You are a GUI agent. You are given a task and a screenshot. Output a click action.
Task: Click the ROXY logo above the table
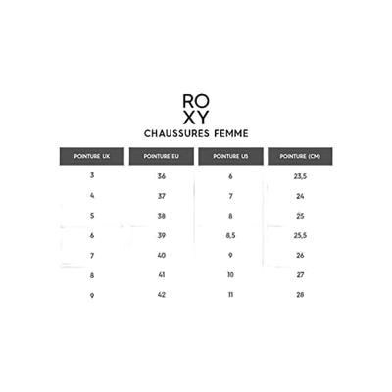(196, 110)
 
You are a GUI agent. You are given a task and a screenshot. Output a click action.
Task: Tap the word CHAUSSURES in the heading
(176, 133)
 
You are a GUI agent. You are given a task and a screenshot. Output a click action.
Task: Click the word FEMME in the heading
(231, 133)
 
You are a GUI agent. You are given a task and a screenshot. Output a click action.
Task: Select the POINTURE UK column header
(92, 156)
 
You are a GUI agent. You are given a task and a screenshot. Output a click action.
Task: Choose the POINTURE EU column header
(162, 156)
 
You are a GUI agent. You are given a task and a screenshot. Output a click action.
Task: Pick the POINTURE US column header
(230, 156)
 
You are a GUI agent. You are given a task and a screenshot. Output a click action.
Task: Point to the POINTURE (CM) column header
(300, 156)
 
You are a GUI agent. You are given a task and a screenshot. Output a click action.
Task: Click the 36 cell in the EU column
(162, 176)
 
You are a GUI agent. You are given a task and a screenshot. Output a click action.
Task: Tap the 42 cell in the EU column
(162, 295)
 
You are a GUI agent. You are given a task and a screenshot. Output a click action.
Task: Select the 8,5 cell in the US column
(230, 235)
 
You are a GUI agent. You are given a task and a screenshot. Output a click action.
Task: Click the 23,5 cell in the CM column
(300, 176)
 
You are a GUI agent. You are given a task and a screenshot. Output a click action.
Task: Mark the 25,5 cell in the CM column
(300, 235)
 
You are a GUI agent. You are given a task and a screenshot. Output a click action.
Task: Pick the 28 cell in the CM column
(300, 295)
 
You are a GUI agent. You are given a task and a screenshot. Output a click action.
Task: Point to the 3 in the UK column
(92, 175)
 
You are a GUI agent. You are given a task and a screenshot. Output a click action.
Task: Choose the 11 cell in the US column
(230, 295)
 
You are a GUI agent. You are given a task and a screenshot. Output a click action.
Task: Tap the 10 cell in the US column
(230, 275)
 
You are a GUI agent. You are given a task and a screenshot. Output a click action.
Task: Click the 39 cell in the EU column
(162, 235)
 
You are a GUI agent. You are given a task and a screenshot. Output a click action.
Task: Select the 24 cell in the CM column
(300, 196)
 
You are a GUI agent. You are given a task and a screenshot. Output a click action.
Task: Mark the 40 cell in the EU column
(162, 255)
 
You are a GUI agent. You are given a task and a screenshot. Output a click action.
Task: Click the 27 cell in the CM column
(300, 275)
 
